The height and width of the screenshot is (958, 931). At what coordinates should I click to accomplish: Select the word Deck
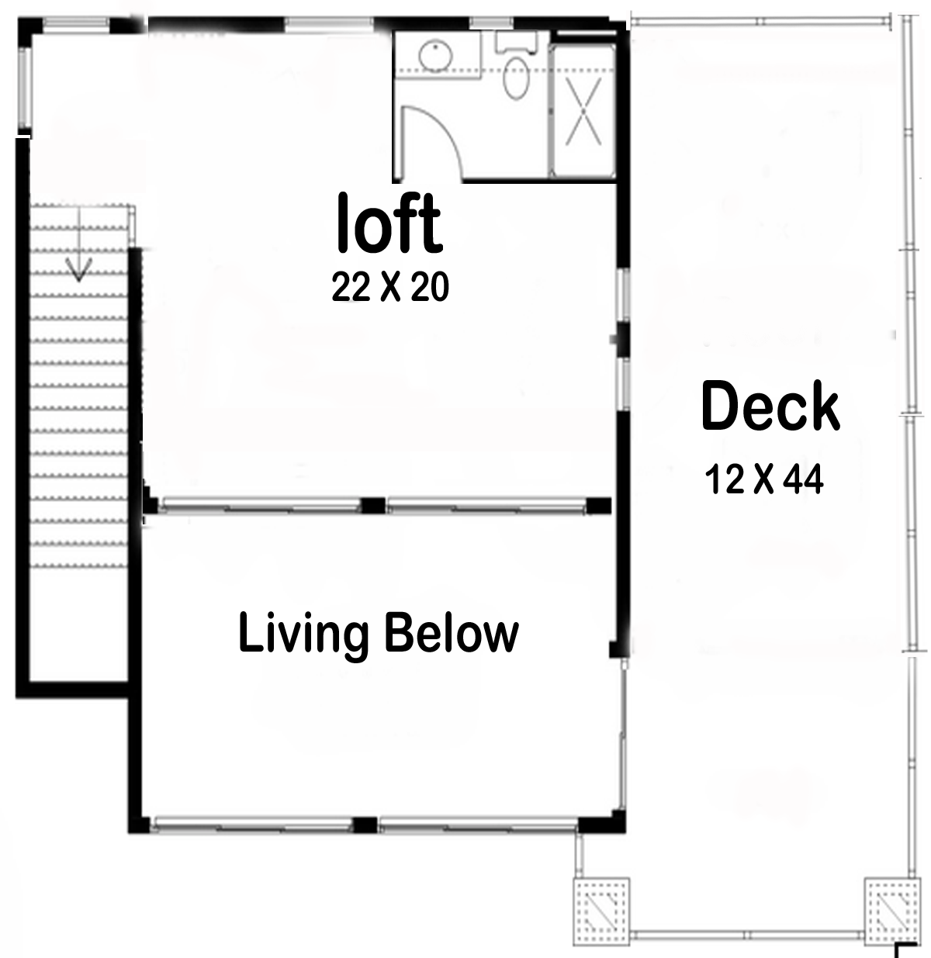(x=770, y=407)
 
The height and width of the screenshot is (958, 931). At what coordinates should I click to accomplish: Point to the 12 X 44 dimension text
(x=764, y=480)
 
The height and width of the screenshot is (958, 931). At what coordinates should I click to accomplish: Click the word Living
(x=303, y=634)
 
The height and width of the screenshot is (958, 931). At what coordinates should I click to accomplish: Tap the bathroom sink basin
(x=436, y=54)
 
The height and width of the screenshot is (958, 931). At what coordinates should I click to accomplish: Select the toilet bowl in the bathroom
(x=517, y=79)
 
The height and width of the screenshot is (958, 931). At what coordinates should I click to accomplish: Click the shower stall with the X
(x=583, y=112)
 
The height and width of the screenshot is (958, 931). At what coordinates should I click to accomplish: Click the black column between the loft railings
(x=373, y=505)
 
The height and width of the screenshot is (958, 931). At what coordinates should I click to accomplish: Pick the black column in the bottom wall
(x=365, y=825)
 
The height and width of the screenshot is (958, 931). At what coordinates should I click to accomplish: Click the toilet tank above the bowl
(x=517, y=43)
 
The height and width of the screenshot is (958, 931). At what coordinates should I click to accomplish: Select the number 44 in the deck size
(x=804, y=480)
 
